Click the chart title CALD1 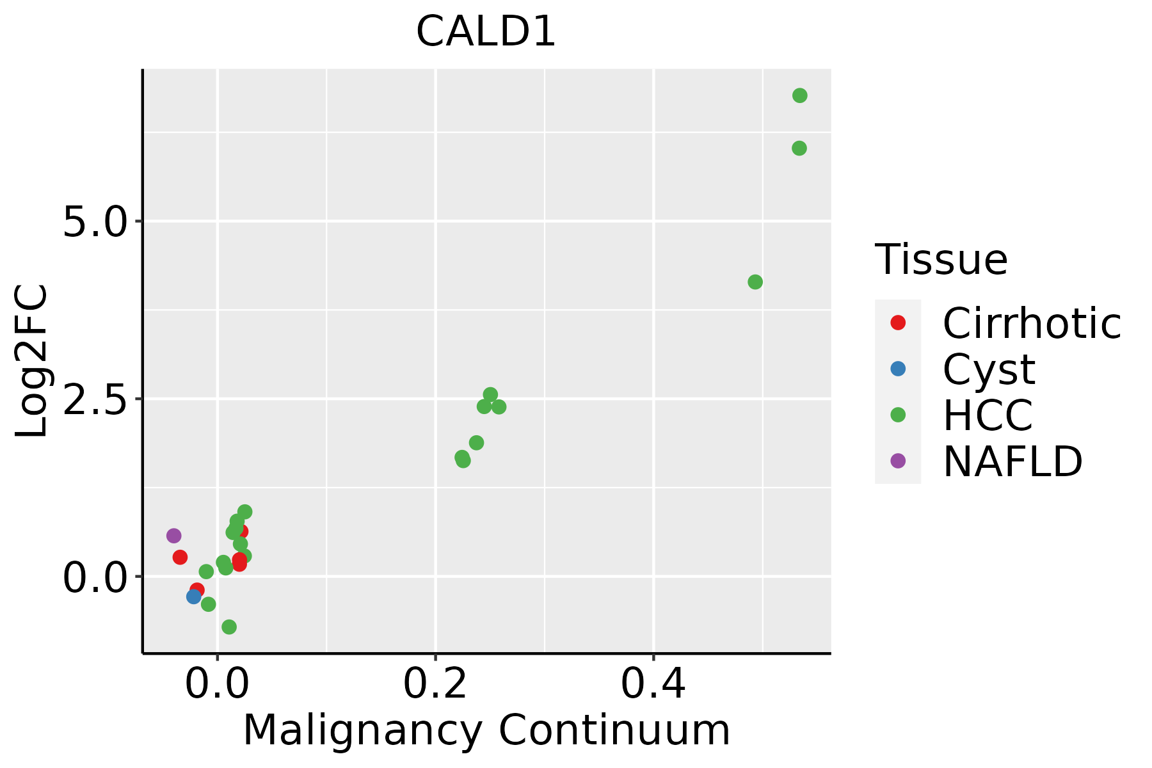486,32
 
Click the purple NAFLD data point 173,536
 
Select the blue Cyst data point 194,596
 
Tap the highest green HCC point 799,96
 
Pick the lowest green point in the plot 229,627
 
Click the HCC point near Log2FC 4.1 755,282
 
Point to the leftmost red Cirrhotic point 180,557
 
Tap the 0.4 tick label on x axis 653,684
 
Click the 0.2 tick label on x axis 435,684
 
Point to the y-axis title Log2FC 32,362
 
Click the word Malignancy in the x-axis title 362,730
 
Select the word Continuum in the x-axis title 614,730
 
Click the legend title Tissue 941,259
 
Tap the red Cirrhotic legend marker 898,323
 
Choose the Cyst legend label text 989,369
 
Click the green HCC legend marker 898,415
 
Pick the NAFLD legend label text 1012,461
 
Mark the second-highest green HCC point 799,148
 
